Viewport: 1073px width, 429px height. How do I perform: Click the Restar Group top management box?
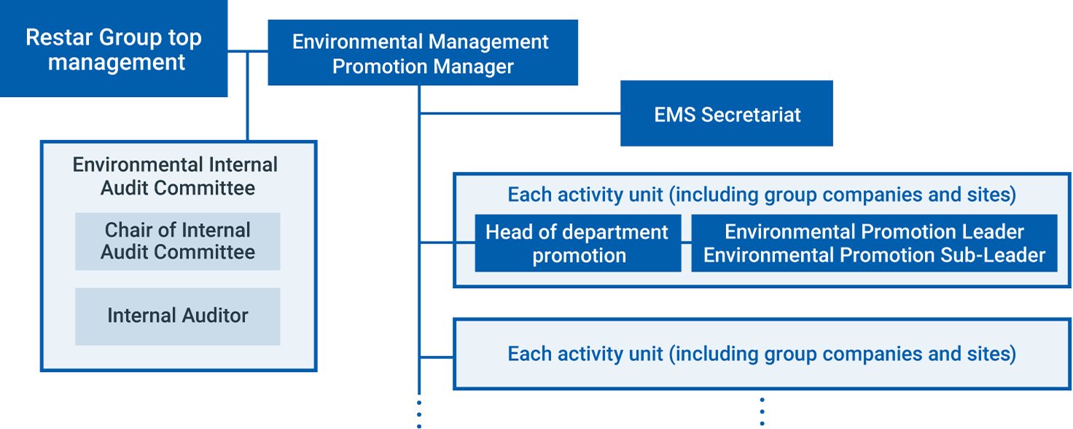point(114,48)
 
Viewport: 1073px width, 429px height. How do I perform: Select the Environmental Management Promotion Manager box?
point(423,53)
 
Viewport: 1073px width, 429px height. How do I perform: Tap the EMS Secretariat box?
point(726,113)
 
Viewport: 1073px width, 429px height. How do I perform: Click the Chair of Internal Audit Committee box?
point(178,241)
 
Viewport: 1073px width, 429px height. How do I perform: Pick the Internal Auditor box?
point(178,317)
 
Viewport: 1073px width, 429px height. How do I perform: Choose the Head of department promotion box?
point(578,243)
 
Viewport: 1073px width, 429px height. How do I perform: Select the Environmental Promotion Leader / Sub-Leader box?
point(874,243)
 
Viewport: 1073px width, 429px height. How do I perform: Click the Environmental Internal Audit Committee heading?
point(176,176)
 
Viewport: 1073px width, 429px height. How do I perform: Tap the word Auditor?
point(215,315)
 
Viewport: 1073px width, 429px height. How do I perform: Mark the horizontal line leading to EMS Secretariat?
point(520,114)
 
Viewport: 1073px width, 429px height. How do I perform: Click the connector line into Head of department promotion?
point(447,243)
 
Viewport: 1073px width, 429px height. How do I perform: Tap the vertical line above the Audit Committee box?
point(248,96)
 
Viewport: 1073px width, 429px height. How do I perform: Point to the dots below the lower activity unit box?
point(762,411)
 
